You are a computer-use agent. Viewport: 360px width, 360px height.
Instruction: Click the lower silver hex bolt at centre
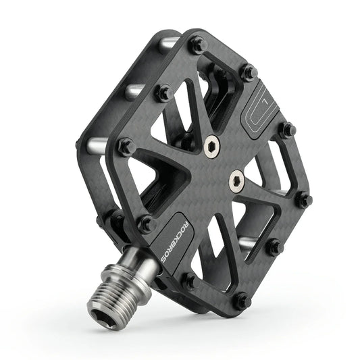coord(236,180)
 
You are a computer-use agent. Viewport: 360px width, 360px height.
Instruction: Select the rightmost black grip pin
coord(304,199)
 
